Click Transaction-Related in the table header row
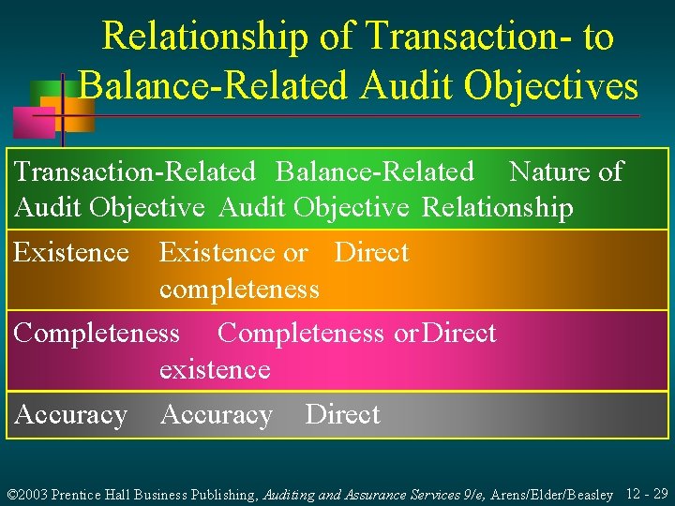tap(135, 171)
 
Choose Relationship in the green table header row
tap(498, 207)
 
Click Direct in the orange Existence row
tap(372, 252)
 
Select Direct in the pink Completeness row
tap(459, 333)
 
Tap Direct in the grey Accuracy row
tap(342, 414)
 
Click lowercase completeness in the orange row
tap(239, 289)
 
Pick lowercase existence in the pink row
tap(215, 369)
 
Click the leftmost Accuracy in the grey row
tap(71, 414)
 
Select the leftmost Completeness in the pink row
tap(97, 333)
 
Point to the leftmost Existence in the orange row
tap(72, 252)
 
